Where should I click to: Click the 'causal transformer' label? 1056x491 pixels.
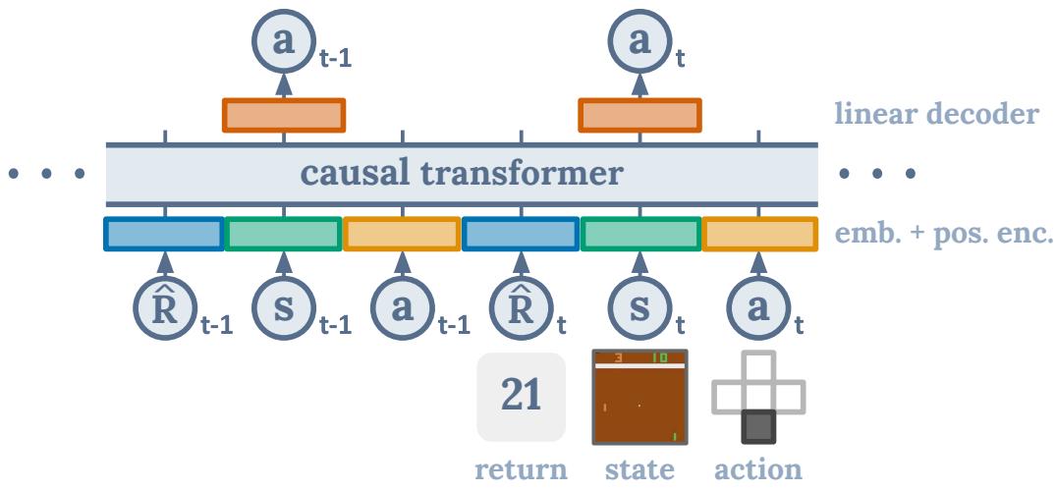462,175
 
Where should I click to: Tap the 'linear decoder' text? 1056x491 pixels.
934,116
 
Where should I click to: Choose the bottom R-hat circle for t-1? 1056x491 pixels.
164,306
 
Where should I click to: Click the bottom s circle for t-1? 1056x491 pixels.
284,306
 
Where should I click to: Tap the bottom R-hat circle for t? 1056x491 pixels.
521,306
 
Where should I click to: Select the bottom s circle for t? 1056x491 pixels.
639,306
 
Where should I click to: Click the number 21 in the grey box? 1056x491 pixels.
521,397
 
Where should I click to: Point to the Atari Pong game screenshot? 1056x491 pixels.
639,397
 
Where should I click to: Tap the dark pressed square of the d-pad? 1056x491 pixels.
758,427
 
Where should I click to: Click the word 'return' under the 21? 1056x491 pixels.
521,469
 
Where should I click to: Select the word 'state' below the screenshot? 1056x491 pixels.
639,469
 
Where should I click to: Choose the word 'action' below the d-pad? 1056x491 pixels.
758,469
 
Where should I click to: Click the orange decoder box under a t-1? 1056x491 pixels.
284,115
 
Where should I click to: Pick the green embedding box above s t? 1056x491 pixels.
639,235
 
